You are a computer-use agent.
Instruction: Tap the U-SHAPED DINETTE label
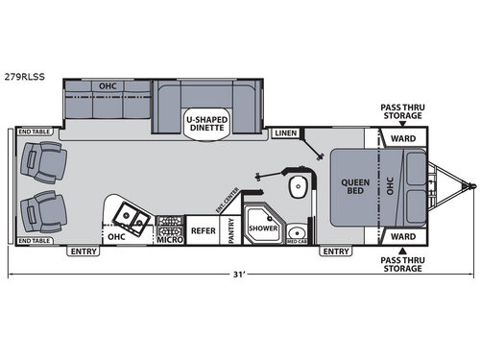tap(205, 122)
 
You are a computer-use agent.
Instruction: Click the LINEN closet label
tap(285, 132)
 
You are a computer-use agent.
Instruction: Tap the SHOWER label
tap(262, 229)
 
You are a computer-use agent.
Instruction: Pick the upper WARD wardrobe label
tap(402, 138)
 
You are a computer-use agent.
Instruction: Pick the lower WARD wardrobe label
tap(402, 234)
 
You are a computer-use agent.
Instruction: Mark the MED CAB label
tap(297, 241)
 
